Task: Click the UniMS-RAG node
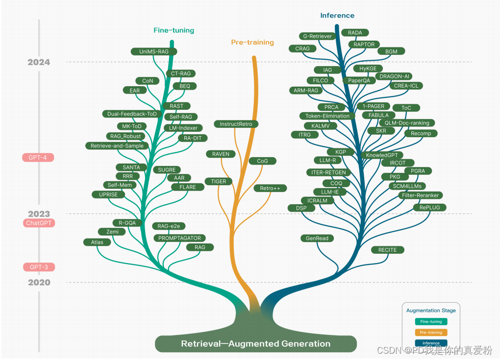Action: [x=154, y=51]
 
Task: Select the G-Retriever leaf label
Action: [x=318, y=36]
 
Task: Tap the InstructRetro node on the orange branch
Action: [x=236, y=124]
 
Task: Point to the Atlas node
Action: [x=97, y=242]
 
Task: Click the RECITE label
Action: [x=387, y=250]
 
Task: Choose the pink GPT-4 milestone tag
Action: [x=38, y=158]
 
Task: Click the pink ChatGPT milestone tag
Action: [x=39, y=223]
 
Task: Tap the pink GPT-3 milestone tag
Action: [x=39, y=267]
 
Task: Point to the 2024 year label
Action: [x=39, y=62]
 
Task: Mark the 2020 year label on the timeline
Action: [x=39, y=283]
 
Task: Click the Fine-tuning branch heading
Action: [x=174, y=30]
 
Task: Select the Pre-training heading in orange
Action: [x=252, y=43]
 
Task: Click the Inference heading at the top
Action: [x=337, y=16]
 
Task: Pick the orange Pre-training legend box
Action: [x=431, y=333]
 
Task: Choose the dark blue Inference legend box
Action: [x=431, y=343]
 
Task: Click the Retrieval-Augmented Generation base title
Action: [x=255, y=344]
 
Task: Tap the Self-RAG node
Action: [x=181, y=117]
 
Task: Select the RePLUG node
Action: [x=429, y=208]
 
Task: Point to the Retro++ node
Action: [x=270, y=189]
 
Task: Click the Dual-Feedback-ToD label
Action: [x=132, y=114]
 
